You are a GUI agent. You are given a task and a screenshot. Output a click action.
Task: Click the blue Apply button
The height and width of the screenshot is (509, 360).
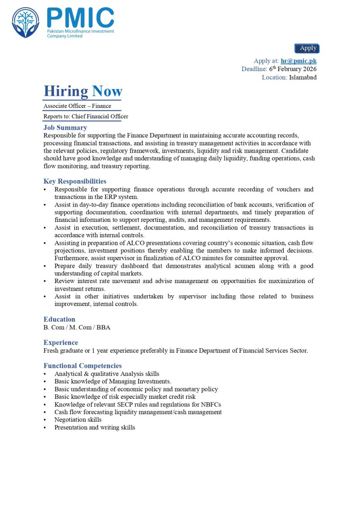307,48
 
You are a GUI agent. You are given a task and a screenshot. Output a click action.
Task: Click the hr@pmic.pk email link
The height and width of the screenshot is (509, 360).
298,61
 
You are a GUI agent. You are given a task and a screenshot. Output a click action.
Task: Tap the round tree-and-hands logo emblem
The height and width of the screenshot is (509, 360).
26,23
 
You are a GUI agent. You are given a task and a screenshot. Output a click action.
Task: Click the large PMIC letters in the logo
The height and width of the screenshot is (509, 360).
80,18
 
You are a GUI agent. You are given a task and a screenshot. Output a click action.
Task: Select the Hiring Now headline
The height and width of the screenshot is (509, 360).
83,91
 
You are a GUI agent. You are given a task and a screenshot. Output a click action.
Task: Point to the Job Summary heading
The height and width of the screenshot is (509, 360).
65,128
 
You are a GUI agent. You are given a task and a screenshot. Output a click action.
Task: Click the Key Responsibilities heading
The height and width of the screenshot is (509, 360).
75,181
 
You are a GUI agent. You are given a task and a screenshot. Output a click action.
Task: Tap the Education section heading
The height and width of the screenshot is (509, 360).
59,320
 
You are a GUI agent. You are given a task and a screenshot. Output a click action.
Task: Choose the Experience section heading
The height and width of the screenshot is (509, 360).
61,342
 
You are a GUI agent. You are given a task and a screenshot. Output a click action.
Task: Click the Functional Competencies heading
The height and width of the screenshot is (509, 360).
82,366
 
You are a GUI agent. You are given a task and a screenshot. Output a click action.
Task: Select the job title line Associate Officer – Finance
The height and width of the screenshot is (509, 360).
77,106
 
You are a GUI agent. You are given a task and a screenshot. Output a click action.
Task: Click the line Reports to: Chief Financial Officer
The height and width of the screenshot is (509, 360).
85,117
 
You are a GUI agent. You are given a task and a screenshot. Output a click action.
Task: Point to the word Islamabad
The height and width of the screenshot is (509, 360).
303,77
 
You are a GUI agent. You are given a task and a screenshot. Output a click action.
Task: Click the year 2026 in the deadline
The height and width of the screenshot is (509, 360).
308,69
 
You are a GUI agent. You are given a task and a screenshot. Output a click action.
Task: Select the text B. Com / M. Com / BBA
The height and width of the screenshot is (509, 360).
77,327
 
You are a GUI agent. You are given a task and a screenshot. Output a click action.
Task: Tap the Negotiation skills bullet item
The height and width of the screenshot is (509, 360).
78,420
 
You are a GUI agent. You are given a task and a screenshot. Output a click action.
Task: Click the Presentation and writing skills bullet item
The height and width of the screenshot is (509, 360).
94,428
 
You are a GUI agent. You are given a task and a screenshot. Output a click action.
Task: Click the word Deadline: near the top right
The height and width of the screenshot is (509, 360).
254,69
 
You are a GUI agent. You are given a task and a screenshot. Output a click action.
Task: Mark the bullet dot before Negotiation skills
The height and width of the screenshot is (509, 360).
45,420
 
